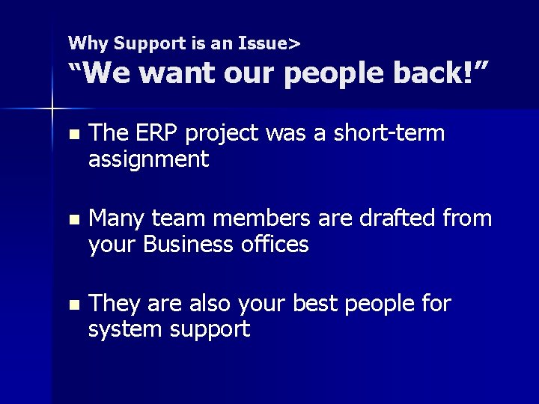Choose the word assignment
coord(148,159)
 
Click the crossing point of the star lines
coord(52,110)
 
